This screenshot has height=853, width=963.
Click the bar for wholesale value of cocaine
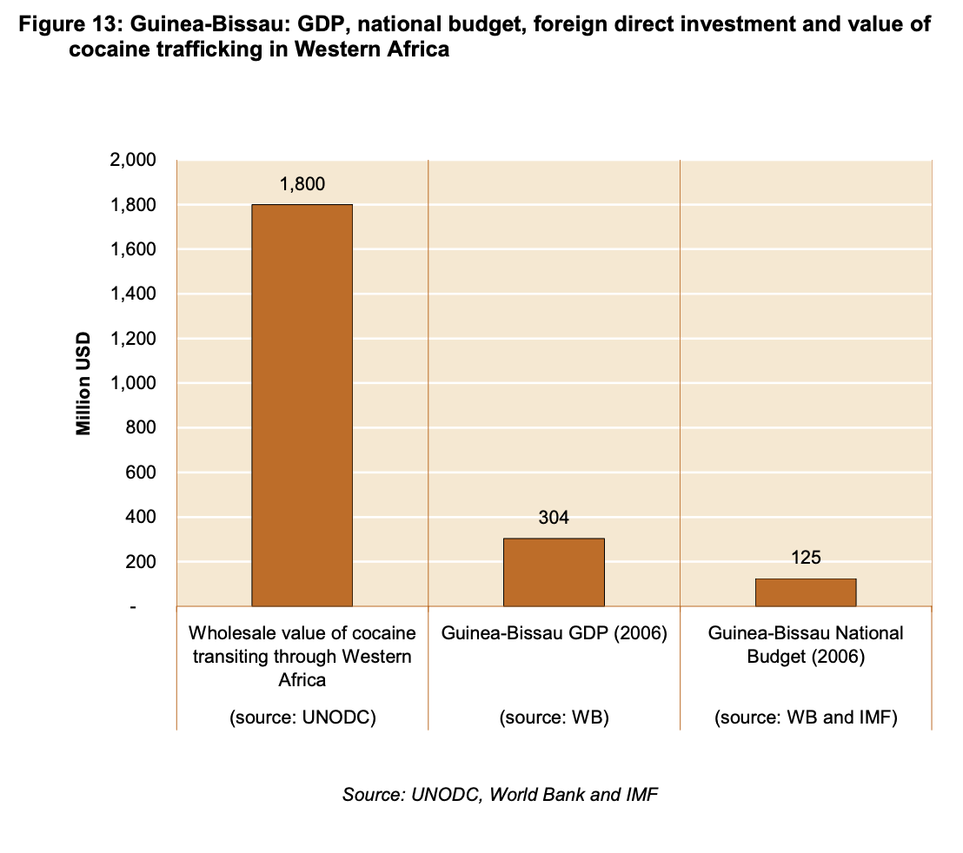(x=302, y=405)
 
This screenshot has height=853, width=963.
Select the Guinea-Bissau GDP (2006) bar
(x=554, y=572)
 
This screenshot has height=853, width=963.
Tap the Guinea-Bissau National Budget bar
(x=806, y=592)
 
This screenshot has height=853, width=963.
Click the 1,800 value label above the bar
(x=302, y=184)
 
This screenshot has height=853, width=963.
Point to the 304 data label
(x=554, y=519)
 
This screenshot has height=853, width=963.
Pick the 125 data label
(x=806, y=558)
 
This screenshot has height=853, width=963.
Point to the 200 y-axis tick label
(x=142, y=562)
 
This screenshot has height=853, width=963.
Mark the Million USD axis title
(x=83, y=383)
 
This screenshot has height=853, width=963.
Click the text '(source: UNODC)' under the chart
(x=302, y=718)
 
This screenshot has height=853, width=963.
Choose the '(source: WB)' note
(x=554, y=718)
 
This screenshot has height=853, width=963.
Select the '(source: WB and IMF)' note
(x=806, y=718)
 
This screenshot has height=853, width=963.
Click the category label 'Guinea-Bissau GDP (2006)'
(x=554, y=633)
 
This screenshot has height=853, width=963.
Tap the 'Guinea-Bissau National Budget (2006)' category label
(x=806, y=645)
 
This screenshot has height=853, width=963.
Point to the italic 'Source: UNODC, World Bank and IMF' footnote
(x=500, y=795)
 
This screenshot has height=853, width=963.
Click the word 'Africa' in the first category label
(x=302, y=680)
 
